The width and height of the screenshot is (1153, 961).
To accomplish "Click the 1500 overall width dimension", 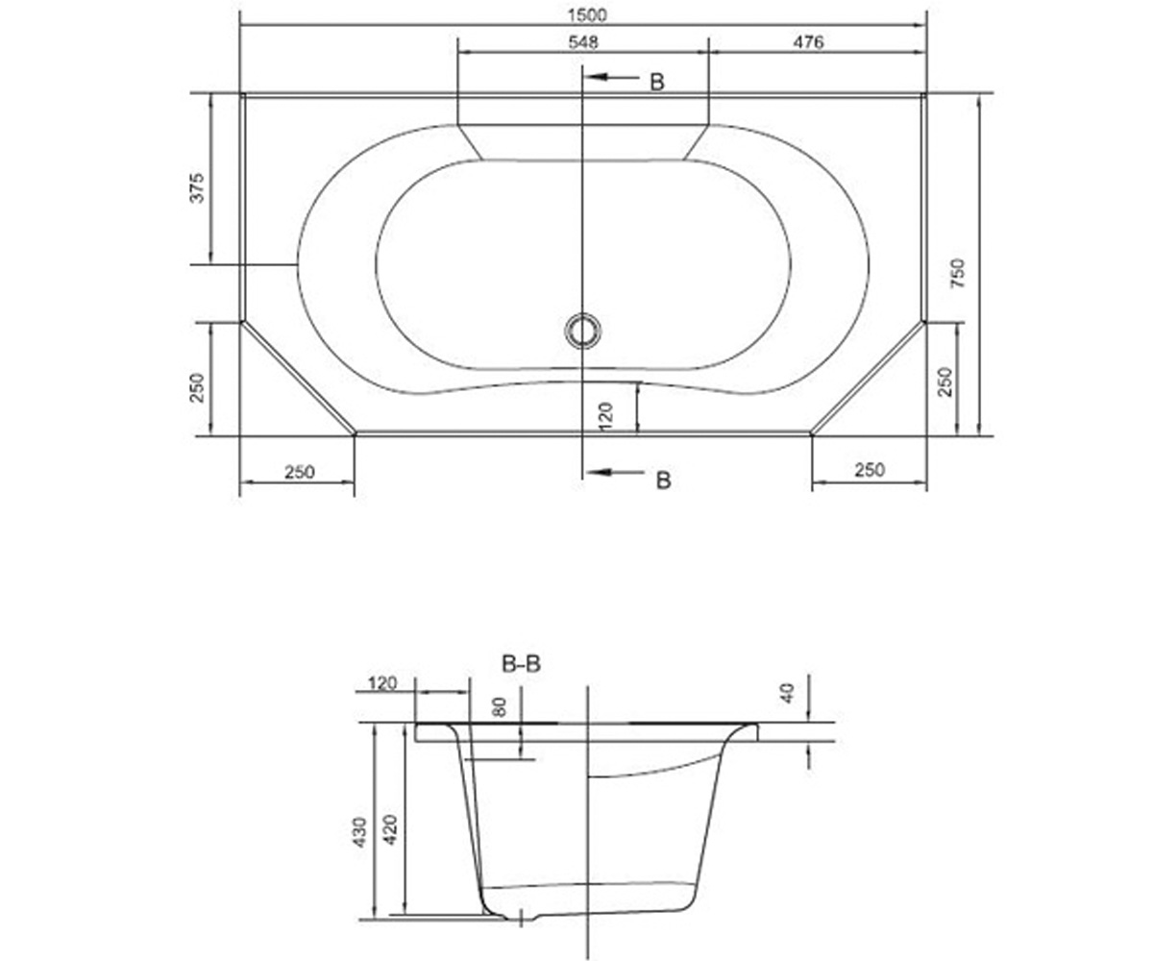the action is click(587, 15).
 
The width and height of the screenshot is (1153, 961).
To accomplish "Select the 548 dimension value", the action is click(583, 42).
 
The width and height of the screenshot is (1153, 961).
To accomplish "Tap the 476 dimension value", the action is click(808, 42).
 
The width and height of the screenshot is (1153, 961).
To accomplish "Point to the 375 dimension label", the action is click(197, 187).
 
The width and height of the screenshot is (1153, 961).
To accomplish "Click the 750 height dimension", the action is click(958, 273).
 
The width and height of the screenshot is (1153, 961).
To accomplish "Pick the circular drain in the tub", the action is click(582, 331).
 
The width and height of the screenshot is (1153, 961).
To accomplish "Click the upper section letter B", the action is click(657, 83).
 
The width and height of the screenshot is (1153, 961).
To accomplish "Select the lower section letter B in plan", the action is click(663, 480).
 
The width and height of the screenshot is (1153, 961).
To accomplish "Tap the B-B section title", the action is click(521, 664).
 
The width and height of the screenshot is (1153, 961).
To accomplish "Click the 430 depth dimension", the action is click(359, 832).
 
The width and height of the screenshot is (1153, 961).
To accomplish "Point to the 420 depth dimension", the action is click(390, 829).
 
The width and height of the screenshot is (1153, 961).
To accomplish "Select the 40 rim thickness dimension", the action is click(788, 693).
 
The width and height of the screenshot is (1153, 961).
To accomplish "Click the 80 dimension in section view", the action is click(499, 707).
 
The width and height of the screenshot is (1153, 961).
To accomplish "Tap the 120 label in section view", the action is click(382, 683).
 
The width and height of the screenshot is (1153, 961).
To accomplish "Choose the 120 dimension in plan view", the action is click(605, 417).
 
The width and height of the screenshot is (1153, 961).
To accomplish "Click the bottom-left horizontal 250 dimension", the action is click(299, 472).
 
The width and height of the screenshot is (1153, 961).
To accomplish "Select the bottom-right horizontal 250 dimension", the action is click(870, 470).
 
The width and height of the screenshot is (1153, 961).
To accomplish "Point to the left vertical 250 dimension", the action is click(197, 387).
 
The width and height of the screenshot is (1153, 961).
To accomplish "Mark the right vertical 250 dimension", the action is click(945, 382).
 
